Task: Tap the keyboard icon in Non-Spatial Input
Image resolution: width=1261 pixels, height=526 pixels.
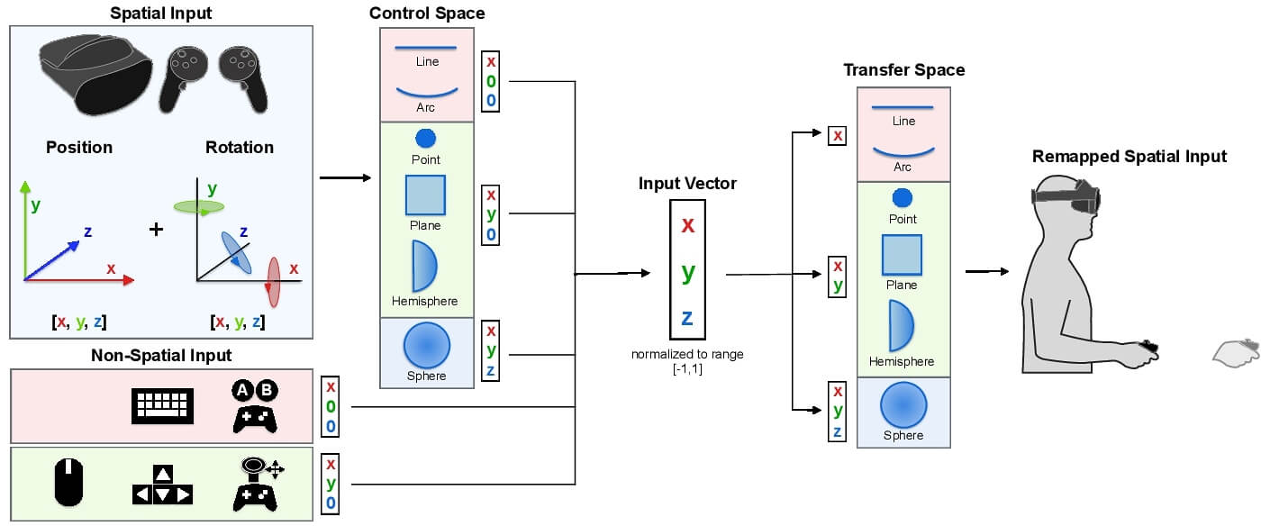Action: [x=163, y=404]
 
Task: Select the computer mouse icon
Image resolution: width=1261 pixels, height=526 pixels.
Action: [x=69, y=484]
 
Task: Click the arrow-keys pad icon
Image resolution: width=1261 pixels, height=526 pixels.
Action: [x=162, y=485]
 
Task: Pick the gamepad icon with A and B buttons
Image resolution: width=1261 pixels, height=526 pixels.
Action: [x=256, y=404]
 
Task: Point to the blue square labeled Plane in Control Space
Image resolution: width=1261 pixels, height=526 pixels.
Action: [x=425, y=195]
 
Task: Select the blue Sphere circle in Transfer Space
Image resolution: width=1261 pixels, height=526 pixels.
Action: [x=903, y=404]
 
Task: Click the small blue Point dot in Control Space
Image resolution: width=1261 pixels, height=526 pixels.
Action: [x=425, y=139]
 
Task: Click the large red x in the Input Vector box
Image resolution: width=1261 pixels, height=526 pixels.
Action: [x=687, y=224]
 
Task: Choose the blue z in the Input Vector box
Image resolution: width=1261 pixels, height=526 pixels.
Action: [x=687, y=317]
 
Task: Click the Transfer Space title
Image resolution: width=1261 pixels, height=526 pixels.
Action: [x=903, y=70]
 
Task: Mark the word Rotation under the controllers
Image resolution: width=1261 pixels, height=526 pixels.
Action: [x=240, y=147]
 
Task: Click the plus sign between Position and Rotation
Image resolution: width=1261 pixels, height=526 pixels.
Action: [x=157, y=229]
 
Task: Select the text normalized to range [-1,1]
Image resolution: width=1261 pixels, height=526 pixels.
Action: [x=687, y=360]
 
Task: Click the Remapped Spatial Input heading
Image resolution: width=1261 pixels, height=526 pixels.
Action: [x=1129, y=157]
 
